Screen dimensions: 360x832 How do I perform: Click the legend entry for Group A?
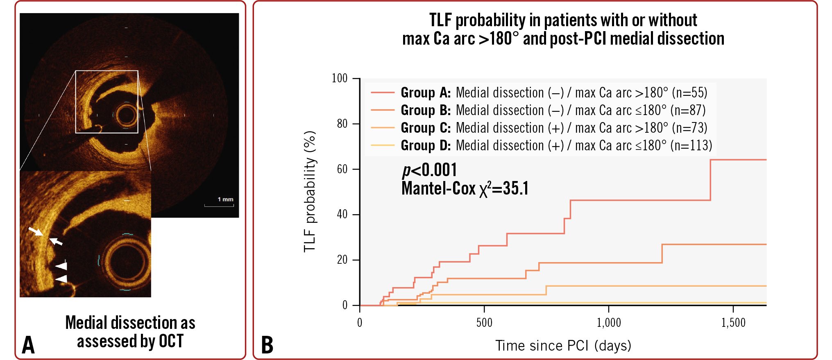(539, 93)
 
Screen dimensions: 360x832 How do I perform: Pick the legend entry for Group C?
(539, 128)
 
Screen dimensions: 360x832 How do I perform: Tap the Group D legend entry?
(541, 146)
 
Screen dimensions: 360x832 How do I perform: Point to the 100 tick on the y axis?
(340, 78)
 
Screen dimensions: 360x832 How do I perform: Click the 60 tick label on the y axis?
(342, 169)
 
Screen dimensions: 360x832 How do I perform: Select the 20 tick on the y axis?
(342, 260)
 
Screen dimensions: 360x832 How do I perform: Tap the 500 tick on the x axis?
(484, 323)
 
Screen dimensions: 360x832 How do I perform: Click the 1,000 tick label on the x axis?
(609, 323)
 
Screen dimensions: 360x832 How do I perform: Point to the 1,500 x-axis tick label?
(733, 323)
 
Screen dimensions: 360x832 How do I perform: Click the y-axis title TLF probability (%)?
(310, 191)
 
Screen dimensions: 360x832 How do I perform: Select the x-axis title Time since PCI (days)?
(563, 346)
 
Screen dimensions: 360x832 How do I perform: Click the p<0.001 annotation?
(429, 170)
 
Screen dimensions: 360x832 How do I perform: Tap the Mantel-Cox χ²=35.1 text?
(465, 188)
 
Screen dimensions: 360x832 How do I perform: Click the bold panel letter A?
(28, 345)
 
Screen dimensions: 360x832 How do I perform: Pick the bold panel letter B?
(267, 345)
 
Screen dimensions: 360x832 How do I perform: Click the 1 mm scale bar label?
(225, 199)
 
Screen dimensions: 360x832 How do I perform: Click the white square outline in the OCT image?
(107, 71)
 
